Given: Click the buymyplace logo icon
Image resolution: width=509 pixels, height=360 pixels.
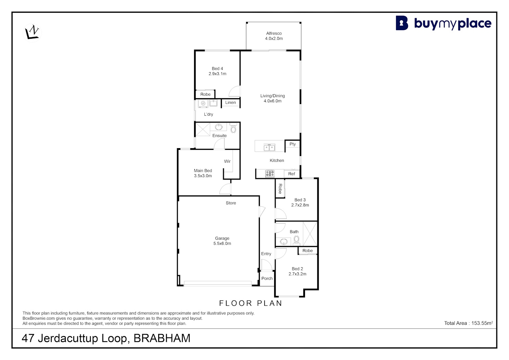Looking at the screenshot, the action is pyautogui.click(x=402, y=23).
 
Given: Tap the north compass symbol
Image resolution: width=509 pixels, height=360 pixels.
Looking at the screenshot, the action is pyautogui.click(x=32, y=32).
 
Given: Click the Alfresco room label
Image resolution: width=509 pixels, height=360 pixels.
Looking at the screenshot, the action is pyautogui.click(x=274, y=34).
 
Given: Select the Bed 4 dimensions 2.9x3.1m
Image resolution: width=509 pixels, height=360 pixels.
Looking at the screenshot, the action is pyautogui.click(x=217, y=74).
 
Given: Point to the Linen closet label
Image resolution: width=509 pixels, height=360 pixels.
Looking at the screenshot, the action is pyautogui.click(x=230, y=102).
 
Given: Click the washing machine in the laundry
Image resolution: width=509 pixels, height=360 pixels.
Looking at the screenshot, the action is pyautogui.click(x=203, y=103).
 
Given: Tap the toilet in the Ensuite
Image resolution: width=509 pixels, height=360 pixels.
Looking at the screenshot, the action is pyautogui.click(x=233, y=128).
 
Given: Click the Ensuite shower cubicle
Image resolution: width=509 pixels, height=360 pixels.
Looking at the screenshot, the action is pyautogui.click(x=203, y=129).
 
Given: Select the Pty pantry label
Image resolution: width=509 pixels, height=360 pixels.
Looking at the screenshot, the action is pyautogui.click(x=293, y=144).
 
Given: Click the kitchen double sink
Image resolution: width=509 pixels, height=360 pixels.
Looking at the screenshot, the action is pyautogui.click(x=269, y=147).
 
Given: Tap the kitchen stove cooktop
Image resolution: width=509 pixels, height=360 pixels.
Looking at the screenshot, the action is pyautogui.click(x=270, y=174).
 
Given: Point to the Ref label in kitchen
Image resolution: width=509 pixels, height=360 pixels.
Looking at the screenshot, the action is pyautogui.click(x=292, y=174).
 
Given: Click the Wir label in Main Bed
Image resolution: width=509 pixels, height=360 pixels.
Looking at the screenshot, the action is pyautogui.click(x=227, y=161).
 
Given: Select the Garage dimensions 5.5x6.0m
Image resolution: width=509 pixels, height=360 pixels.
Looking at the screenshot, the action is pyautogui.click(x=222, y=244).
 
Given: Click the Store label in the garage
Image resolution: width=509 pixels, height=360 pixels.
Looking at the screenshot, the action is pyautogui.click(x=231, y=203).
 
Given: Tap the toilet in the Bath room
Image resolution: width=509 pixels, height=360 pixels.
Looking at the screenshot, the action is pyautogui.click(x=296, y=240).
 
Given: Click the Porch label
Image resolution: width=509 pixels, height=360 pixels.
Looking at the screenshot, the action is pyautogui.click(x=267, y=278).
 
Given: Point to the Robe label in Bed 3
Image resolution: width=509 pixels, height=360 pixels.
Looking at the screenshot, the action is pyautogui.click(x=280, y=189).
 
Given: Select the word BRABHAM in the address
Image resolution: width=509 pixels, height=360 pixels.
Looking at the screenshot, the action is pyautogui.click(x=162, y=338).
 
